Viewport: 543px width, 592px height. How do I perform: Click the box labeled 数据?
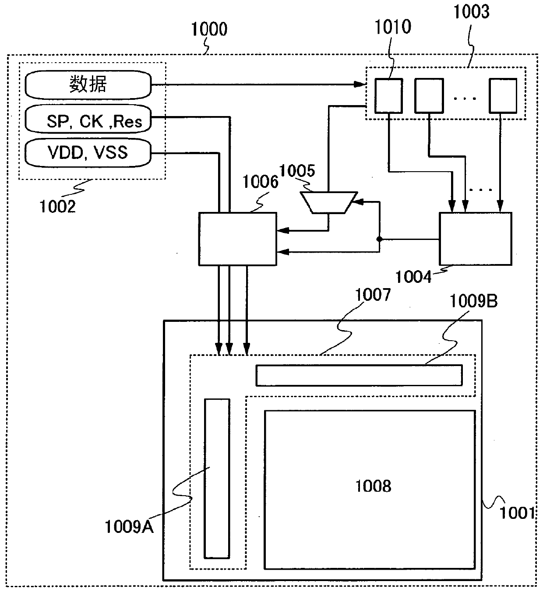tap(88, 85)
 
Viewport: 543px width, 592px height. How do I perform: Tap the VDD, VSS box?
tap(88, 153)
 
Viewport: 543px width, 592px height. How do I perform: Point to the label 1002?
tap(57, 206)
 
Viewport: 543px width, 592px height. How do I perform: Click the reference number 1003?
tap(471, 12)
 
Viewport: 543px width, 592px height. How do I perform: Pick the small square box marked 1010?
tap(388, 95)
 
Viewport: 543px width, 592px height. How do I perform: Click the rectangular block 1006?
tap(237, 239)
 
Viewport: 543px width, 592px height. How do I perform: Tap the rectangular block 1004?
tap(475, 239)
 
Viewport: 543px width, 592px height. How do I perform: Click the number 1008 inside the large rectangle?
tap(373, 486)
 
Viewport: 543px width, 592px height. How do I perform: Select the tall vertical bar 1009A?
tap(217, 478)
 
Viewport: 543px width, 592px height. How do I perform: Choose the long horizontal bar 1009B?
tap(359, 375)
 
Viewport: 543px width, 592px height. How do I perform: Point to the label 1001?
tap(518, 513)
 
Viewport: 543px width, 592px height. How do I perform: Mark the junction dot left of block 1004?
tap(379, 240)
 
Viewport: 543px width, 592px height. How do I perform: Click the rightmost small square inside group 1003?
tap(503, 95)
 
